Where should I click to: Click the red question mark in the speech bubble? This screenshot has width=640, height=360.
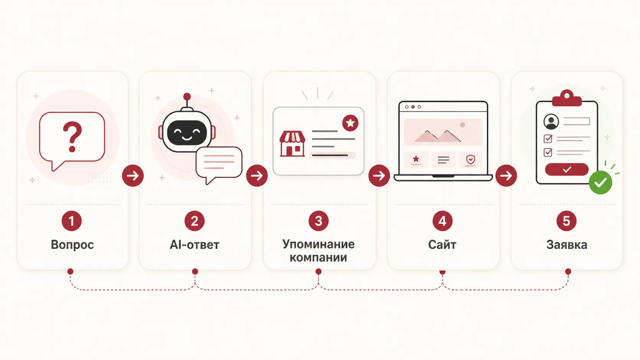point(72,137)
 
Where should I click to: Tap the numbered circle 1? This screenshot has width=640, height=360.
point(72,221)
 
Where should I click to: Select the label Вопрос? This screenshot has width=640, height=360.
point(72,245)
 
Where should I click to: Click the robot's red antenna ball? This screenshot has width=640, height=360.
point(187,96)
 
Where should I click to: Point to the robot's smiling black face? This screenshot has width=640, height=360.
point(187,132)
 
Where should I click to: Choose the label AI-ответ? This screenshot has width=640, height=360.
point(194,245)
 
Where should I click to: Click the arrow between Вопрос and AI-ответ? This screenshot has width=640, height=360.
point(133,176)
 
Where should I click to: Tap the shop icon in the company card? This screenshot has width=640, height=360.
point(292,143)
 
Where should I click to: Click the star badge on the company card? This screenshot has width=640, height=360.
point(350,123)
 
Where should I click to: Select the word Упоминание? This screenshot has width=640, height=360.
point(318,244)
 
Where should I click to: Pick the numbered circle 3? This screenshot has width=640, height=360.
point(318,221)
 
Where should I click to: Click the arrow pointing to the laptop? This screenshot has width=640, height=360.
point(379,176)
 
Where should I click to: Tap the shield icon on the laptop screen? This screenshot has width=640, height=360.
point(470,159)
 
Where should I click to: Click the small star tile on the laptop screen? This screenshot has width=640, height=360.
point(416,160)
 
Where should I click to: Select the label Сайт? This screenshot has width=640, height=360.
point(442,245)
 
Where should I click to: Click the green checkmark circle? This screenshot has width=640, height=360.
point(601,182)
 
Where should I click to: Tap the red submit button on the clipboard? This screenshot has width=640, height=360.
point(567,169)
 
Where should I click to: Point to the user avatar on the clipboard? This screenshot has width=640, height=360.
point(551,122)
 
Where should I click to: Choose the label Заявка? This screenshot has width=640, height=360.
point(567,245)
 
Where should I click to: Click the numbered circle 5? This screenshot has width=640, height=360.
point(567,221)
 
